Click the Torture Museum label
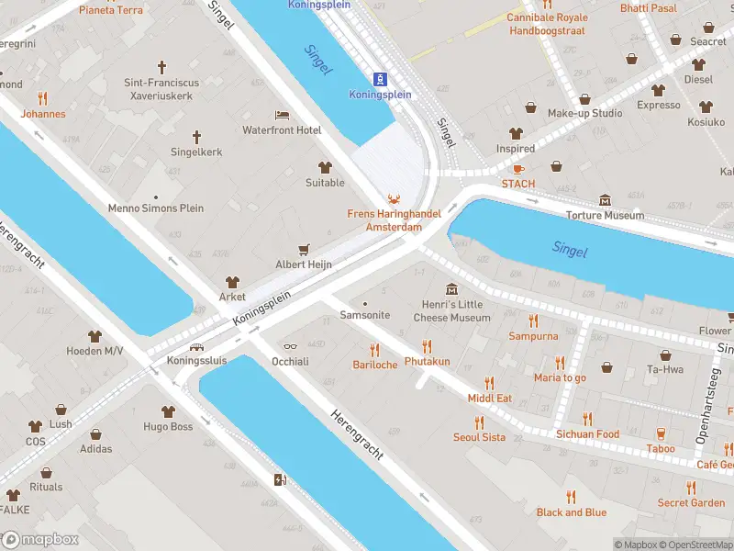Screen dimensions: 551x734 [605, 216]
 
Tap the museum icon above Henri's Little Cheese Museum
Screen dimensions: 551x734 [450, 290]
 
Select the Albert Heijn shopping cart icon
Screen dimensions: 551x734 [304, 249]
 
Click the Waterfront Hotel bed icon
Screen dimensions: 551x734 [282, 115]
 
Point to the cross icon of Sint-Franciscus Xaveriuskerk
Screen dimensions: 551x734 [162, 67]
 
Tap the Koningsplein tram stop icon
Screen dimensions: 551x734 [381, 79]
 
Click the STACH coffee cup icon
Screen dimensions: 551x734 [518, 169]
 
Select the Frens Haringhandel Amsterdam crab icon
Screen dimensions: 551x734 [394, 198]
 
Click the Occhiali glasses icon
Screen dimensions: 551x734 [290, 346]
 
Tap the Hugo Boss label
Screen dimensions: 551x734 [168, 427]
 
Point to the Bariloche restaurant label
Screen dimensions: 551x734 [374, 365]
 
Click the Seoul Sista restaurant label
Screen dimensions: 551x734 [479, 437]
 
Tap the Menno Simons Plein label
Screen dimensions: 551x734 [156, 208]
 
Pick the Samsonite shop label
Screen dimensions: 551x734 [365, 315]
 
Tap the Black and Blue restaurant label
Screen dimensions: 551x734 [571, 512]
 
